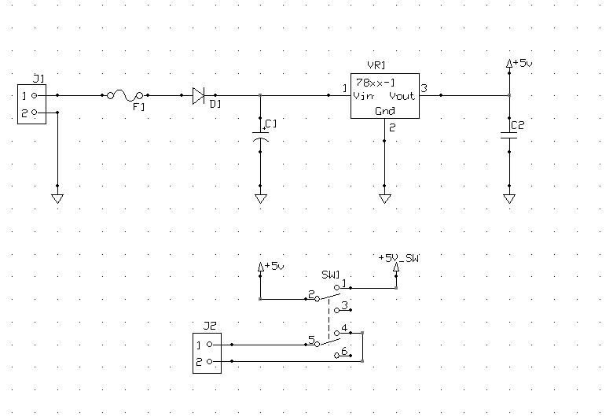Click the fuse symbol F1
click(x=125, y=95)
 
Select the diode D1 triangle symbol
click(x=199, y=95)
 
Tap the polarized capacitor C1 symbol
click(x=260, y=136)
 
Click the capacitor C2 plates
click(x=509, y=135)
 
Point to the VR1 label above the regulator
click(x=376, y=65)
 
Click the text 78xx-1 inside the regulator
click(x=376, y=83)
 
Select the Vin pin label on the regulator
click(x=363, y=96)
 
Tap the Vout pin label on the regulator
click(x=402, y=96)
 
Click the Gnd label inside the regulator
click(x=385, y=111)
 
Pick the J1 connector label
click(x=39, y=79)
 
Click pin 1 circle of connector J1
click(x=34, y=95)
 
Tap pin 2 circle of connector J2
click(x=210, y=361)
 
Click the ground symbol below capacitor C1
click(x=261, y=199)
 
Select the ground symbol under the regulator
click(x=384, y=199)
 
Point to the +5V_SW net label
click(x=398, y=258)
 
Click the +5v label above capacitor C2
click(x=523, y=63)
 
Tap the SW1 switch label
click(x=331, y=275)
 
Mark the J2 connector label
click(x=210, y=326)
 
